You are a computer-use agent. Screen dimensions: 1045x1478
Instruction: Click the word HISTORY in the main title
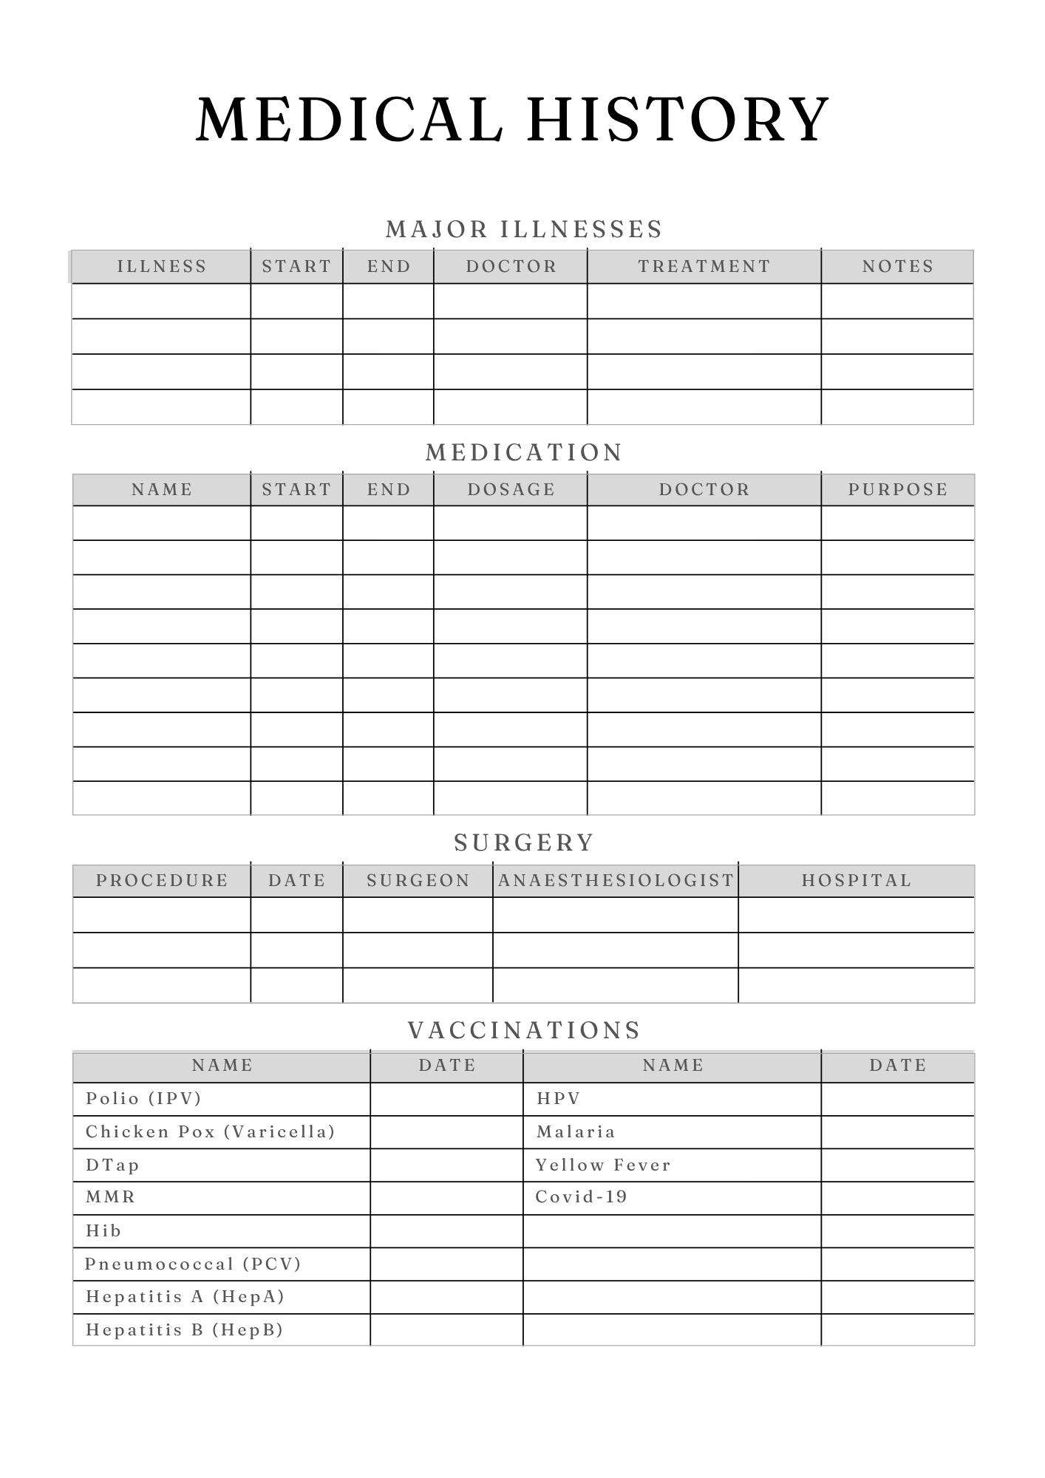click(x=678, y=120)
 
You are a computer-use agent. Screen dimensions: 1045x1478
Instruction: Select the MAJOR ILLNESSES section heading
click(x=524, y=230)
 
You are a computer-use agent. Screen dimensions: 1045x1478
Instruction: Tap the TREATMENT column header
click(x=704, y=267)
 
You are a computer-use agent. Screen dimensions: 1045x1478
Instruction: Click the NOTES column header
click(x=898, y=267)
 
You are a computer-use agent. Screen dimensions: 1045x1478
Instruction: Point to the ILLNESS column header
click(x=162, y=267)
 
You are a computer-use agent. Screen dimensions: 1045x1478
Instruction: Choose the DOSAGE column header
click(x=511, y=490)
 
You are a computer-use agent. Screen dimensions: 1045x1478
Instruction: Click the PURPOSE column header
click(x=898, y=490)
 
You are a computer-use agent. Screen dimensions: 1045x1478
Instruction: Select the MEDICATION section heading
click(x=524, y=453)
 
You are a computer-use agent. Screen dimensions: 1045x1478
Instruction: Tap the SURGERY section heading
click(x=524, y=843)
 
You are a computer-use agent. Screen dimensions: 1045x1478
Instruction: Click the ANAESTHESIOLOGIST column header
click(x=616, y=881)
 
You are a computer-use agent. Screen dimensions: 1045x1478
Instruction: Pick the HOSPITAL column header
click(x=857, y=881)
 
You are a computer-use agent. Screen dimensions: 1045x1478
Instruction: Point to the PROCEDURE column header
click(x=162, y=881)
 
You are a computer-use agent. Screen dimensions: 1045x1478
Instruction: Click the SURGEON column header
click(x=418, y=881)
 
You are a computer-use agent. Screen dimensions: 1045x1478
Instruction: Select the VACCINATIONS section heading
click(x=524, y=1031)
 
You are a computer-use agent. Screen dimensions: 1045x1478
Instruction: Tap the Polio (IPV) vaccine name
click(x=143, y=1099)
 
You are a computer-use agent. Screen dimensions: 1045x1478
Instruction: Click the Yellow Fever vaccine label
click(x=603, y=1165)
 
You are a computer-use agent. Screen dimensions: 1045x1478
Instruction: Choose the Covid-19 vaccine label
click(x=581, y=1197)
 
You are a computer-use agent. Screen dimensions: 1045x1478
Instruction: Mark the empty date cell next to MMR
click(x=446, y=1198)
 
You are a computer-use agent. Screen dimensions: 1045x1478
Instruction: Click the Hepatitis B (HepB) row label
click(x=184, y=1330)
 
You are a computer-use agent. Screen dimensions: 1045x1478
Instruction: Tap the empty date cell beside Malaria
click(x=897, y=1132)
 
